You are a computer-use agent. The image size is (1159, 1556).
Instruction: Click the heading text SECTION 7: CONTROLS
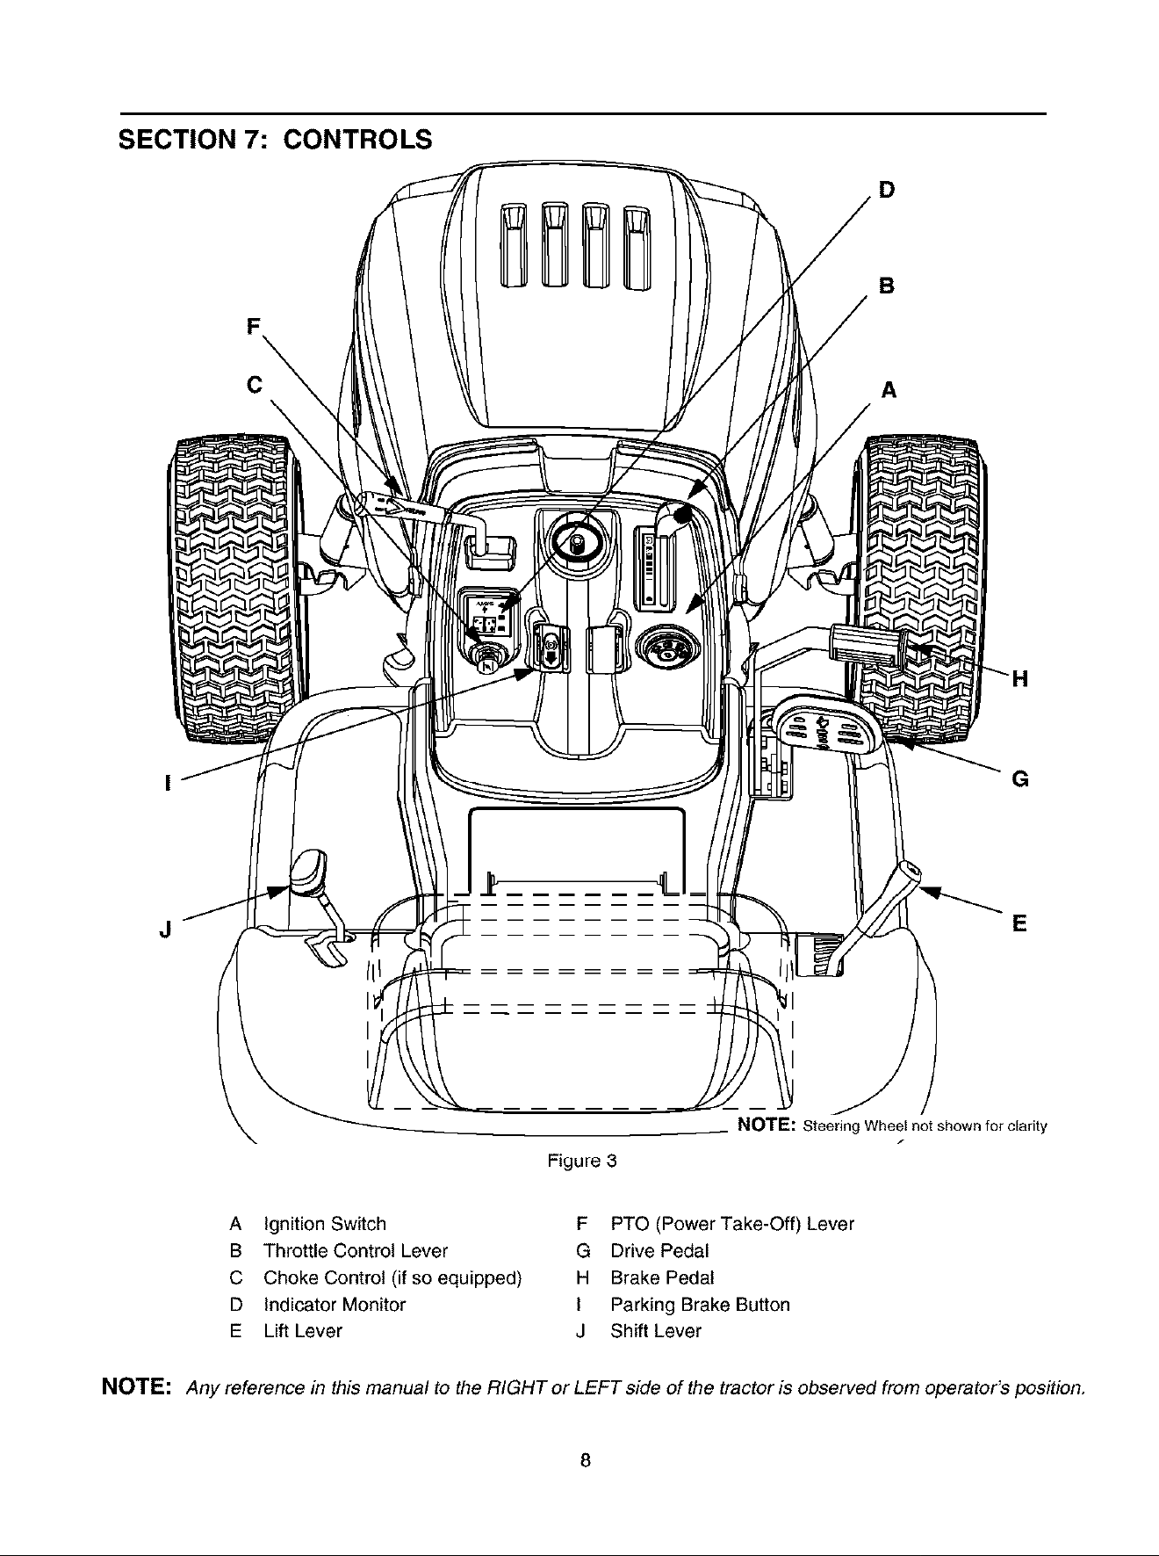coord(276,140)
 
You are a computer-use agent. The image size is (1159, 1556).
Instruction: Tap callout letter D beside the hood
coord(887,189)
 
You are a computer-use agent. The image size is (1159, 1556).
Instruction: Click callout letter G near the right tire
coord(1020,779)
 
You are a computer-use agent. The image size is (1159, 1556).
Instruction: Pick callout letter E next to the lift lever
coord(1019,923)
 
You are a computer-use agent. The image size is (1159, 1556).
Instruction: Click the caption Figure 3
coord(582,1161)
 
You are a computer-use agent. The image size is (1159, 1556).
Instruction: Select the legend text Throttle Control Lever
coord(356,1250)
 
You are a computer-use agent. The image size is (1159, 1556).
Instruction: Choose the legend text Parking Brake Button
coord(700,1304)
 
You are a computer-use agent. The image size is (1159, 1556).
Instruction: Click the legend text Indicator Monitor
coord(335,1304)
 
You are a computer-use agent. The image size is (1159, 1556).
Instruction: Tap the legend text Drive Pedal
coord(659,1250)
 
